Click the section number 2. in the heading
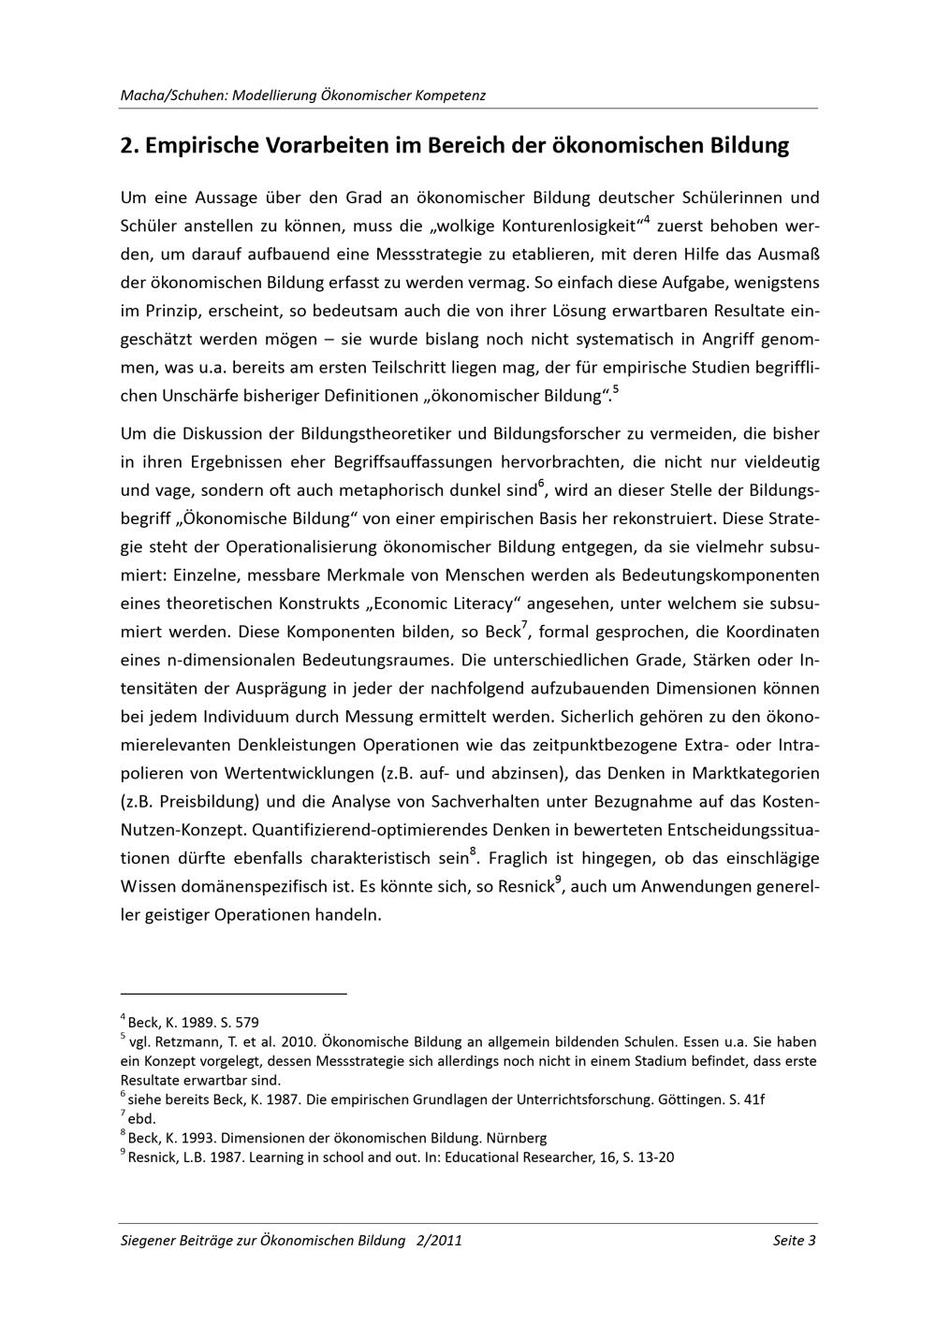point(130,146)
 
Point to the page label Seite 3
point(795,1241)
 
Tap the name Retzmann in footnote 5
point(187,1041)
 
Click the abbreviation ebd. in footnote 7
point(141,1118)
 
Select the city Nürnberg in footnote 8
point(517,1138)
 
